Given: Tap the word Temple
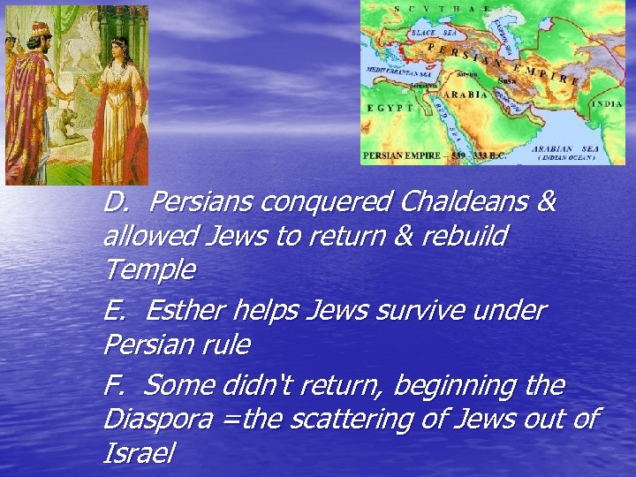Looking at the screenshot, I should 149,268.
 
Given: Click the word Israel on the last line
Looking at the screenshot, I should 139,453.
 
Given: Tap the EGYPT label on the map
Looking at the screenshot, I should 390,107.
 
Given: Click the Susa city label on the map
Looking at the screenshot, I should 507,80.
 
